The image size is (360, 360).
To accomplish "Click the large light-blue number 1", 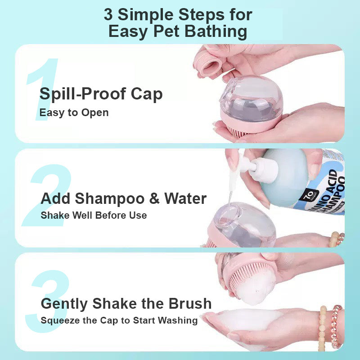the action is pyautogui.click(x=42, y=89).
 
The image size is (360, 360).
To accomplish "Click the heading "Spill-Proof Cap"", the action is pyautogui.click(x=101, y=94).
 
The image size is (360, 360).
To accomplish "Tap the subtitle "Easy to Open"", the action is pyautogui.click(x=74, y=113).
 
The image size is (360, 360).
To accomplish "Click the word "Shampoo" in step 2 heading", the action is pyautogui.click(x=110, y=198).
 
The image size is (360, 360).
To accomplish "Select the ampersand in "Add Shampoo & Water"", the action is pyautogui.click(x=154, y=198).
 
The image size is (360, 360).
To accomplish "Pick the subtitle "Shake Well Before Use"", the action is pyautogui.click(x=94, y=216).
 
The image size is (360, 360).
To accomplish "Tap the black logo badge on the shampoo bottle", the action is pyautogui.click(x=309, y=195).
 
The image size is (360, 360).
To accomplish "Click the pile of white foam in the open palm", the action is pyautogui.click(x=248, y=320).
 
